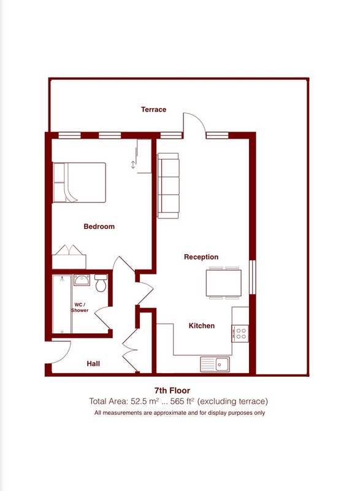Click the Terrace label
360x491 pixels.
coord(153,110)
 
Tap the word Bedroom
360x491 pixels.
coord(99,226)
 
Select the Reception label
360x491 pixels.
coord(201,257)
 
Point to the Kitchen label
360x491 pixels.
coord(202,326)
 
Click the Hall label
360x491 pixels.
coord(93,363)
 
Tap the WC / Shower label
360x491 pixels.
coord(80,307)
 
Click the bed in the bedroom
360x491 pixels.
coord(79,182)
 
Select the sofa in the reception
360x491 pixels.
coord(168,186)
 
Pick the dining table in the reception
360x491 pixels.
coord(224,283)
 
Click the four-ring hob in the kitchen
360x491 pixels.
coord(240,333)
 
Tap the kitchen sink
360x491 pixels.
coord(215,364)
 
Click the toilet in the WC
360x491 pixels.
coord(101,283)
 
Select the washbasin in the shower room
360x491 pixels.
coord(82,280)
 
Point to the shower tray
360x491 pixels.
coord(62,304)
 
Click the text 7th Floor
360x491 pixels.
coord(172,390)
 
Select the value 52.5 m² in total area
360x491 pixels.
coord(145,401)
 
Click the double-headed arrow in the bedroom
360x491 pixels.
coord(133,164)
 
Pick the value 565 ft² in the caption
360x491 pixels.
coord(182,401)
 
